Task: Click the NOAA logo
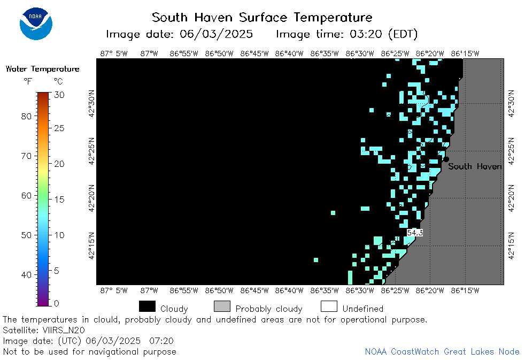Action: coord(36,24)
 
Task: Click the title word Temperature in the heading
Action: coord(333,18)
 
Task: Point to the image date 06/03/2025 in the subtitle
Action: coord(216,34)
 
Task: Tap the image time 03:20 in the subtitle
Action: coord(366,34)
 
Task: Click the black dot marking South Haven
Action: coord(446,159)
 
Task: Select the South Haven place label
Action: coord(475,166)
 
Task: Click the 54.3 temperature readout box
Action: coord(415,232)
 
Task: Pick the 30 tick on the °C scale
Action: coord(59,95)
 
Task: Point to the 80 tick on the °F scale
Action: coord(26,116)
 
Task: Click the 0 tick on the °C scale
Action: coord(56,303)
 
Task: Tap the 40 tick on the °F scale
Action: coord(26,275)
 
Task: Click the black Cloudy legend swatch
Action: coord(148,307)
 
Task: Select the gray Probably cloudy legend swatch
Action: coord(222,307)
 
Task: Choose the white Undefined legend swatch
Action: coord(329,307)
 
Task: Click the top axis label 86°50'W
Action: coord(219,53)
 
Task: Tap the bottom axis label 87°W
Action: coord(149,290)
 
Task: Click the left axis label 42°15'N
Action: coord(92,246)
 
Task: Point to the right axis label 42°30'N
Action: coord(511,103)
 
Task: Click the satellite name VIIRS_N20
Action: coord(64,330)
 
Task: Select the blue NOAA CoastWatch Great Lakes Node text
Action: coord(442,351)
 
